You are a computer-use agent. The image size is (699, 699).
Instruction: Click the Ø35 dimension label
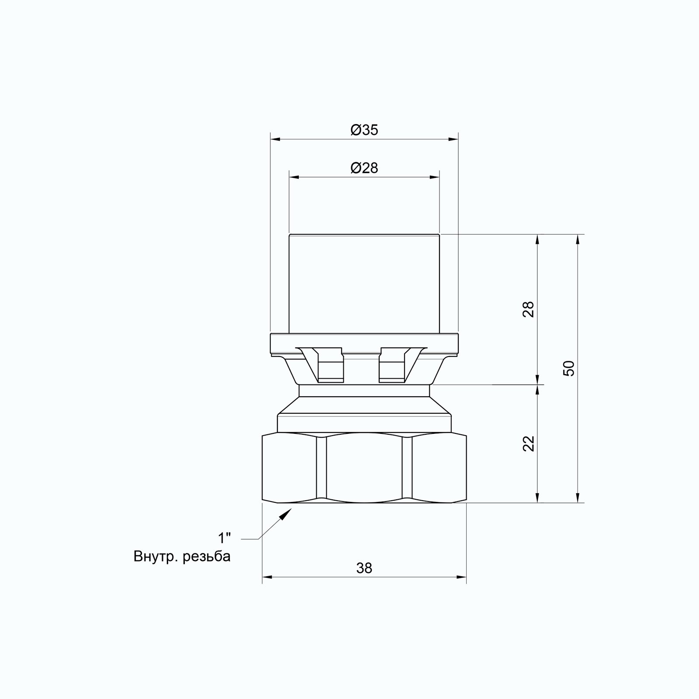click(364, 130)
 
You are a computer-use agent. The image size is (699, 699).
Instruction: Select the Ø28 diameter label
click(364, 168)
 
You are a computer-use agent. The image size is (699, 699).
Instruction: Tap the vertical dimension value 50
click(569, 369)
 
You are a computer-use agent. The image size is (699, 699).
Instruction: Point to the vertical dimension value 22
click(529, 444)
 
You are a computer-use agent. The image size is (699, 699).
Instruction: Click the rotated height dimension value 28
click(529, 309)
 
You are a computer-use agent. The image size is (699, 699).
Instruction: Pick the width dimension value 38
click(364, 568)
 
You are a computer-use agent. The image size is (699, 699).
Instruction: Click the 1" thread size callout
click(225, 537)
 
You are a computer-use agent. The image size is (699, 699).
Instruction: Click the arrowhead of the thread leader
click(286, 514)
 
